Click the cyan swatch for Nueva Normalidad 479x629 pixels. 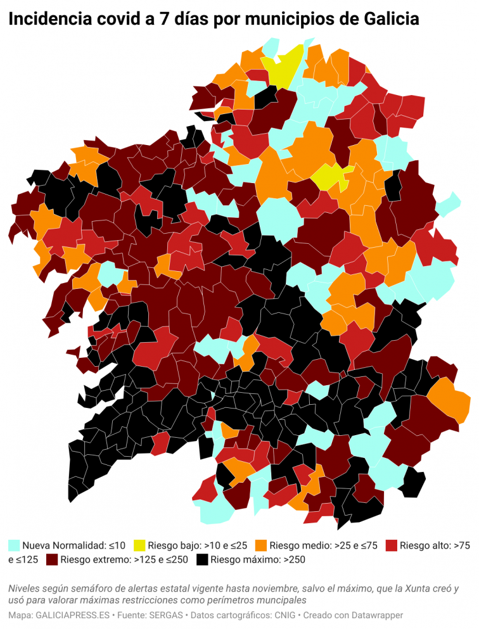[14, 545]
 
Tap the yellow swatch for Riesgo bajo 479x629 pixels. [139, 545]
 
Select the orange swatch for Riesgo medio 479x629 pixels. [260, 545]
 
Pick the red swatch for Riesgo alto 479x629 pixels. [392, 545]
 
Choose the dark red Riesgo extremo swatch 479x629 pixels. [52, 559]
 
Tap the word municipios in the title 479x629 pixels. [281, 20]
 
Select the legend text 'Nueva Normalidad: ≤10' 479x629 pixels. [73, 545]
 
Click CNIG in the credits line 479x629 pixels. [283, 615]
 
